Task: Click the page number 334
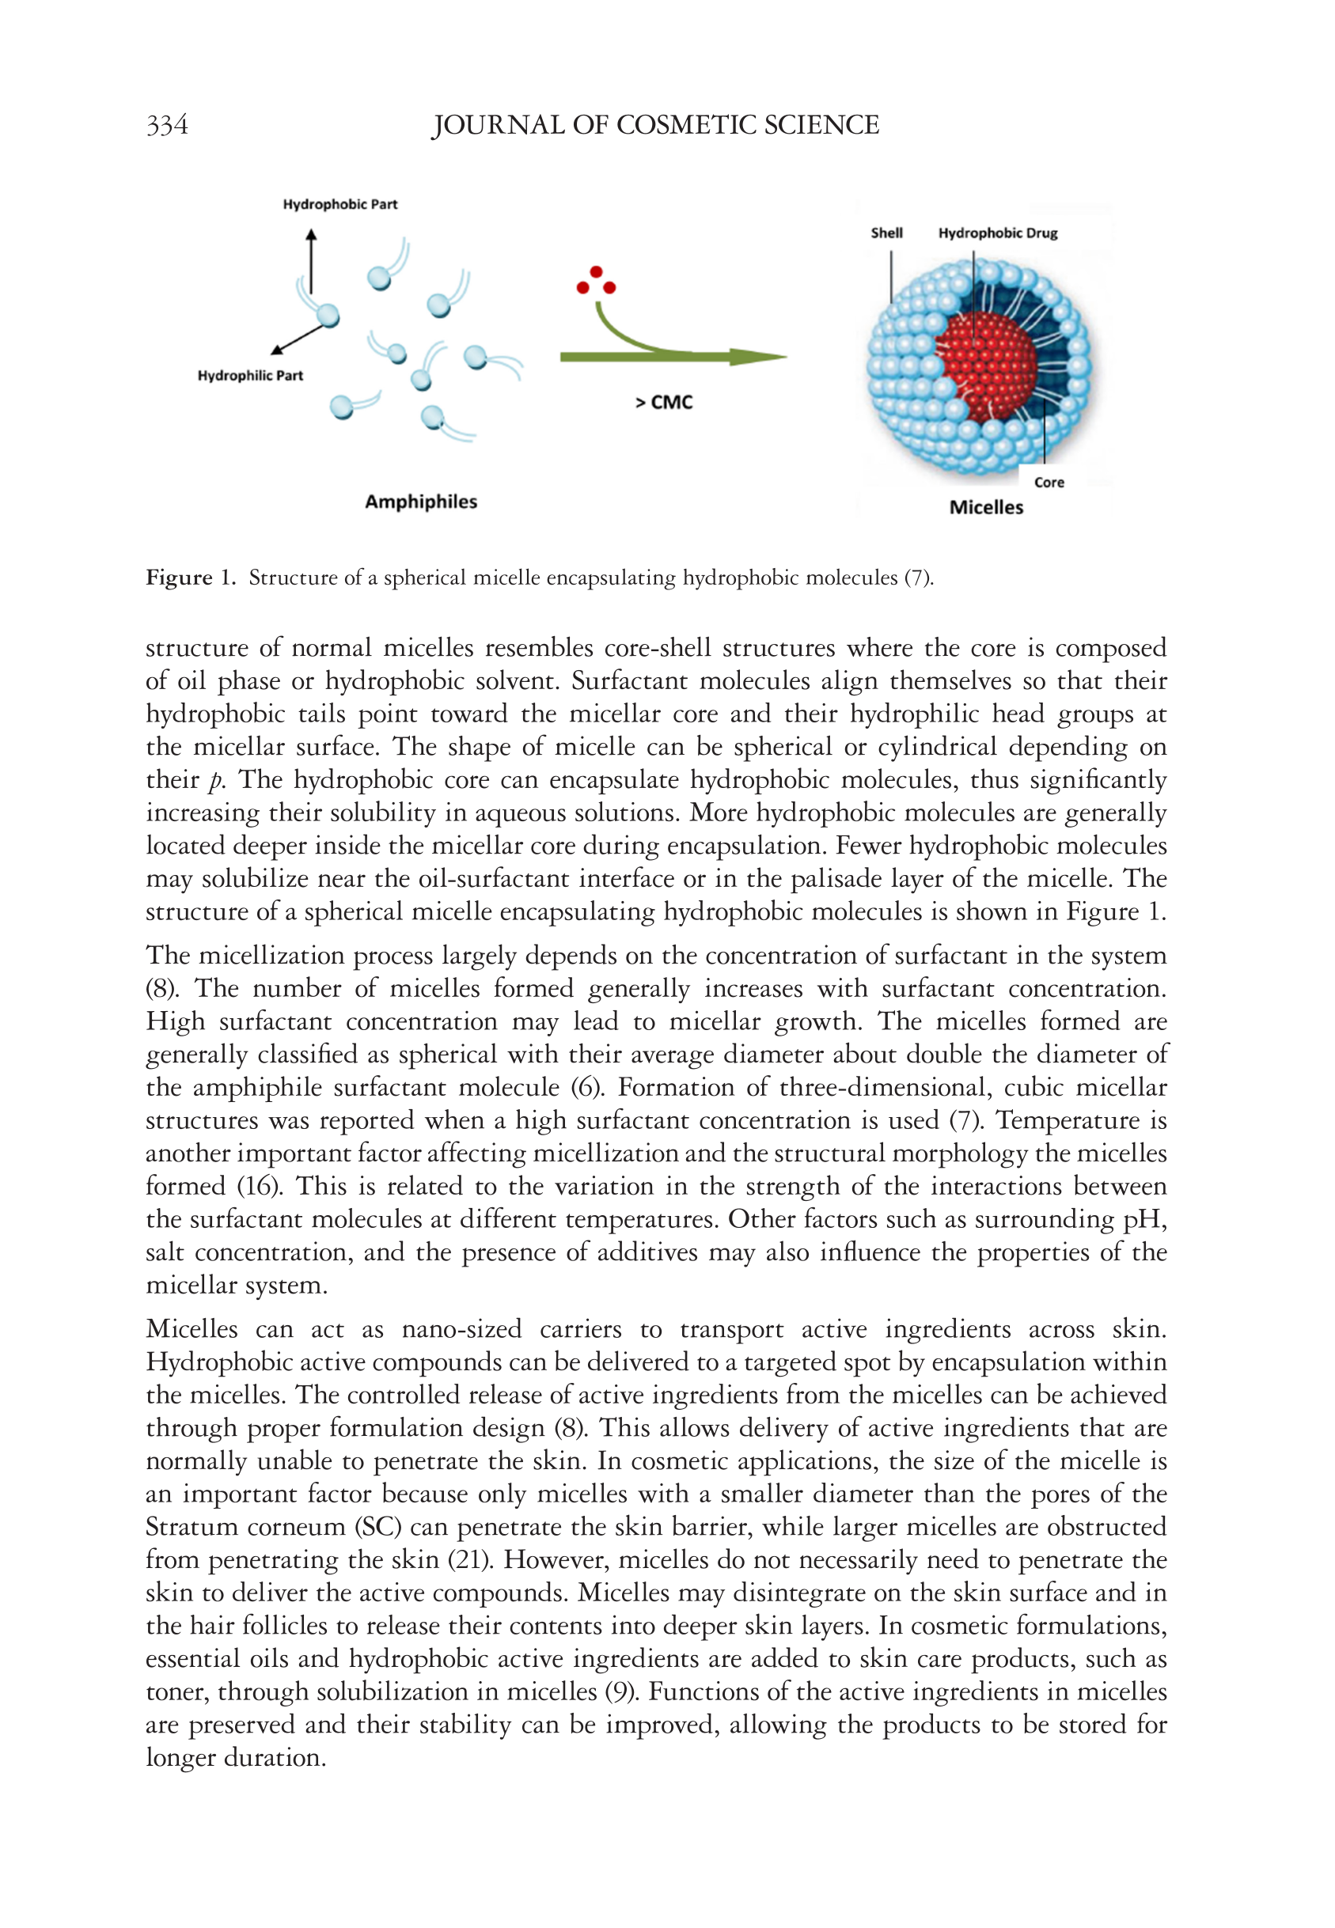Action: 166,126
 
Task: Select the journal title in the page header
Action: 655,126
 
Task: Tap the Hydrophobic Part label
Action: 339,205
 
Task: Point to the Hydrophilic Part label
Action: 250,377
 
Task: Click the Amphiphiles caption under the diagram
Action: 421,502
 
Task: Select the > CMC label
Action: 664,403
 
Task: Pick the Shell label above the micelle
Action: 886,233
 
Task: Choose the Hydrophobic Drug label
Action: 998,233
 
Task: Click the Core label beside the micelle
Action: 1049,483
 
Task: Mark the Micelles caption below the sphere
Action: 986,507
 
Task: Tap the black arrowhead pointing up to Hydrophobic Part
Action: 311,236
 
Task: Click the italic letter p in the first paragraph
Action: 216,781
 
